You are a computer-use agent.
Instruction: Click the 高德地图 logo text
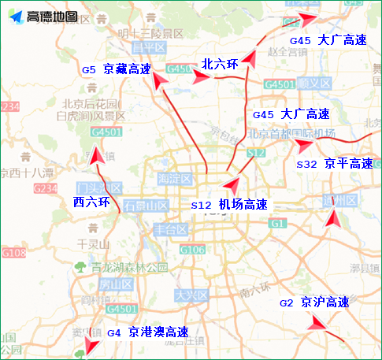point(52,17)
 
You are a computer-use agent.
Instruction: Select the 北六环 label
point(219,65)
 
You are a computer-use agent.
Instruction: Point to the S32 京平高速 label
point(334,164)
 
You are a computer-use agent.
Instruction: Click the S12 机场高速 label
point(229,205)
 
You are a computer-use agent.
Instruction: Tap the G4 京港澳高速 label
point(147,332)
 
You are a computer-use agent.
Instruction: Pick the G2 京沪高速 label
point(313,302)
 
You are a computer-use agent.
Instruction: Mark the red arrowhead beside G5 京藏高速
point(161,80)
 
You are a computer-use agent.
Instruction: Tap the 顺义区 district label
point(313,83)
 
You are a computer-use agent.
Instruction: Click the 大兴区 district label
point(190,295)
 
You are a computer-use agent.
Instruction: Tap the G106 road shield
point(192,250)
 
